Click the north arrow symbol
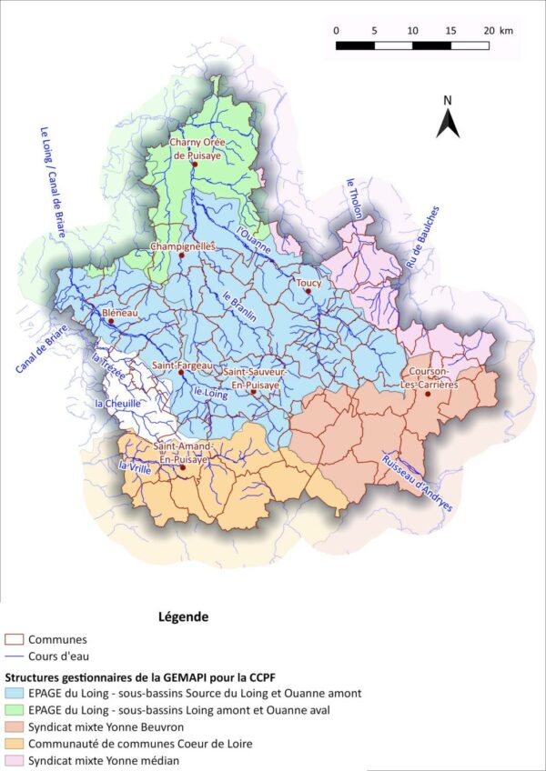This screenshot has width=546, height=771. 447,119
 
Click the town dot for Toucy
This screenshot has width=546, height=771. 308,292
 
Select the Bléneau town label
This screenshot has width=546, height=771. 114,312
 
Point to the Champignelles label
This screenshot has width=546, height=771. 181,245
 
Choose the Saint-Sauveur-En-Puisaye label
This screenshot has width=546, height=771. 256,378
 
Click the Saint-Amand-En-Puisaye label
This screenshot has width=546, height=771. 182,452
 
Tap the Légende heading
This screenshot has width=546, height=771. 183,616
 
